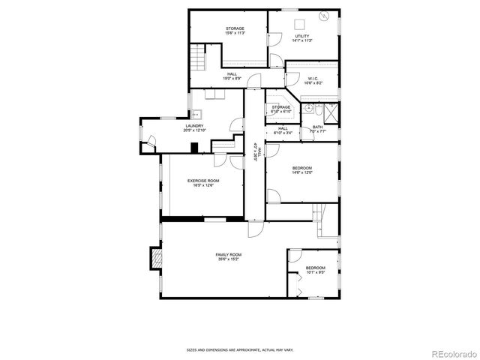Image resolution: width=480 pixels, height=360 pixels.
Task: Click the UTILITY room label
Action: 303,38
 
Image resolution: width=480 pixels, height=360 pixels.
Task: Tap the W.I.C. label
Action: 313,80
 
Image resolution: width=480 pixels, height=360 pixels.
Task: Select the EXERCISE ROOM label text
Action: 202,182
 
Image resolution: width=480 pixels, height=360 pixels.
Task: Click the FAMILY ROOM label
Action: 228,258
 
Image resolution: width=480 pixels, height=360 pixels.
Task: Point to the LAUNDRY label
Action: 194,127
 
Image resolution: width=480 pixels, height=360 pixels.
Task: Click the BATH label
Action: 317,128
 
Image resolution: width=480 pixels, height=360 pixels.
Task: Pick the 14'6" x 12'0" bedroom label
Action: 301,169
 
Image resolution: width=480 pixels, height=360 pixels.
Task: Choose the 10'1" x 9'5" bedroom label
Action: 315,270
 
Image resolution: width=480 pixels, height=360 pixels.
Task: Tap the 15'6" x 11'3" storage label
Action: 235,31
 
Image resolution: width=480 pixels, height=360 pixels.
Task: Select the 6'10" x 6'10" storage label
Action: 280,109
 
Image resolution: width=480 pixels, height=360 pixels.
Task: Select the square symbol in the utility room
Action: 298,22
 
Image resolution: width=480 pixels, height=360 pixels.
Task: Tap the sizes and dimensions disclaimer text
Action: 239,349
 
